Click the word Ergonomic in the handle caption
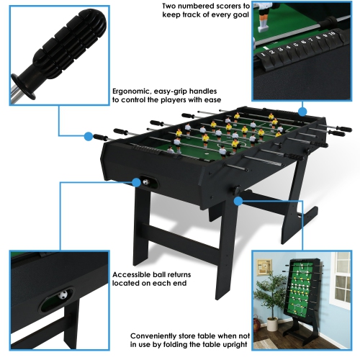tap(132, 91)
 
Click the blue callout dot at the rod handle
tap(89, 135)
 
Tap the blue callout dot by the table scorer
tap(302, 111)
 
